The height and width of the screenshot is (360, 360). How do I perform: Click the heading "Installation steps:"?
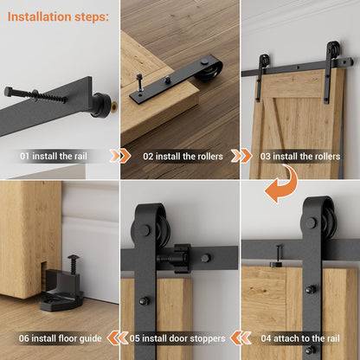pos(58,16)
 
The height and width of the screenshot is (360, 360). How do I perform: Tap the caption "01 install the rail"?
pos(54,157)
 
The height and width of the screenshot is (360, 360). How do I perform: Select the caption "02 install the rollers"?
pos(183,157)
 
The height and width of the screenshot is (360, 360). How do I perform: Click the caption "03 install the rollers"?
pos(300,157)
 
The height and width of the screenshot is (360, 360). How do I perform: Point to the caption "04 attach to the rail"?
pos(300,338)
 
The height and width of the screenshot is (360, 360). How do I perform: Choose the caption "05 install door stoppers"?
pos(177,338)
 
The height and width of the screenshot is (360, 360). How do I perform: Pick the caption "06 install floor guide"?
pos(61,338)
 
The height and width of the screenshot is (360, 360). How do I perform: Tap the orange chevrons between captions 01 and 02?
pos(120,156)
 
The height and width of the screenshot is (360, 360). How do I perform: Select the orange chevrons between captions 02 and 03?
pos(241,156)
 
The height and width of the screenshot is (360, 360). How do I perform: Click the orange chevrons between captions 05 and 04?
pos(241,338)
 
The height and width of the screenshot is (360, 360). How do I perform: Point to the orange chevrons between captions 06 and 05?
pos(118,338)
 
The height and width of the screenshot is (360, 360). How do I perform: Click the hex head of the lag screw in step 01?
pos(9,92)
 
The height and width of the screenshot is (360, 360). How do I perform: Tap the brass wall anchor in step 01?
pos(115,106)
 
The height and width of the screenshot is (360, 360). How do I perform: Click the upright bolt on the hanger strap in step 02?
pos(140,82)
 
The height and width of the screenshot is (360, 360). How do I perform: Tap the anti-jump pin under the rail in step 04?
pos(277,256)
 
